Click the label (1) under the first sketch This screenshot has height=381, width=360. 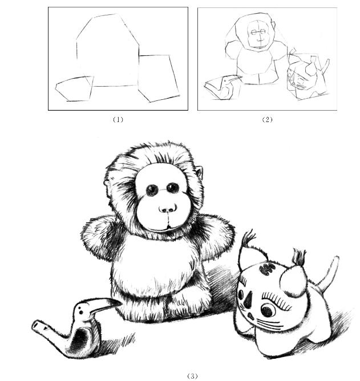coord(118,120)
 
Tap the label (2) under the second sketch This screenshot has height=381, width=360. coord(267,120)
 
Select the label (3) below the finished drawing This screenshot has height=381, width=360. coord(192,376)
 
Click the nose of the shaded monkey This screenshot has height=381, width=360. coord(168,209)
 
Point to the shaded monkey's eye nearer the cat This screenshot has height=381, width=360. coord(173,188)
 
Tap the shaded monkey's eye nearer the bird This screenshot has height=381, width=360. coord(152,190)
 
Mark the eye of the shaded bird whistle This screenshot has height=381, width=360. coord(80,312)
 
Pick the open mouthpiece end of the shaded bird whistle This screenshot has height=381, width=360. coord(35,325)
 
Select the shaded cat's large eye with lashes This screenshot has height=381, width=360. coord(268,310)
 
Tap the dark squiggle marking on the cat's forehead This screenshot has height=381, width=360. coord(267,268)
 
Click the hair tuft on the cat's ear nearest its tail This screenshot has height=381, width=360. coord(299,258)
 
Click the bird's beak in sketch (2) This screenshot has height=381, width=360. coord(234,78)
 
